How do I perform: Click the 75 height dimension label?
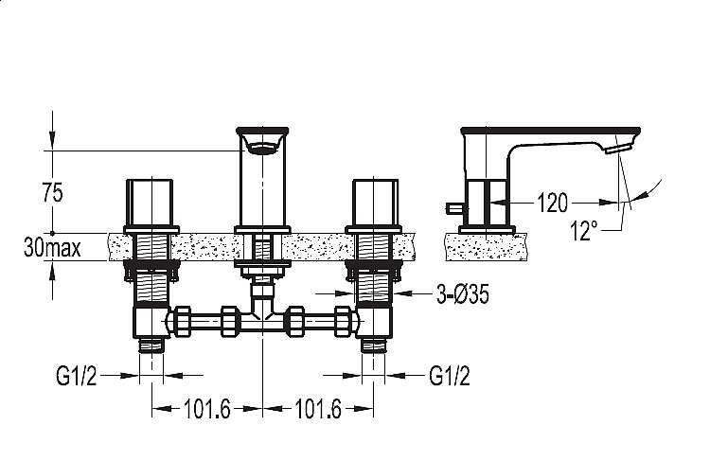52,192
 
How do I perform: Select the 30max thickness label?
52,248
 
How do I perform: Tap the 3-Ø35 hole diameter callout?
462,294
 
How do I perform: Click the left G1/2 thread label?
76,376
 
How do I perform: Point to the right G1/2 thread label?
450,376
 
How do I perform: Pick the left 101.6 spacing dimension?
207,409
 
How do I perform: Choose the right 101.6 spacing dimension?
318,409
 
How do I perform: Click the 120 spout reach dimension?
552,203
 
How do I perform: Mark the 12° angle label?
584,230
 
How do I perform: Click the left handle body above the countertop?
149,202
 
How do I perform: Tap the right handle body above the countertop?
376,202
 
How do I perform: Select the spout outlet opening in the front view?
262,148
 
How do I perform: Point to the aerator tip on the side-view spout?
618,149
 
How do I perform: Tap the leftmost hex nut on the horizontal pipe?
183,322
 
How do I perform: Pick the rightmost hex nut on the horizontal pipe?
343,322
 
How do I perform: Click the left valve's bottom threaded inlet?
151,346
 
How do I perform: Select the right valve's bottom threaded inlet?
374,346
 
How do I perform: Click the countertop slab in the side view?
486,247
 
